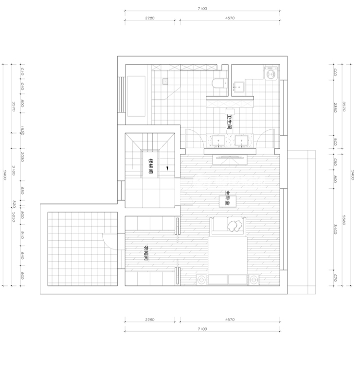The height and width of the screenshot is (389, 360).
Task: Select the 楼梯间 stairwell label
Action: tap(151, 166)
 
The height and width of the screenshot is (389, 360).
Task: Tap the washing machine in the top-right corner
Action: tap(270, 73)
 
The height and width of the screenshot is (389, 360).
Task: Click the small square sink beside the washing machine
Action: tap(239, 87)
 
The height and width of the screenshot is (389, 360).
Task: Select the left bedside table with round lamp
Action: tap(202, 279)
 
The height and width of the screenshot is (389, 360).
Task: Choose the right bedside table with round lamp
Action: tap(254, 279)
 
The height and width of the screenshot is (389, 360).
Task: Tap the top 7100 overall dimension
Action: tap(202, 9)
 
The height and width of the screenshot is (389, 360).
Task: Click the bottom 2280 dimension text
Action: tap(150, 319)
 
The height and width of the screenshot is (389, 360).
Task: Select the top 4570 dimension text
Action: tap(230, 18)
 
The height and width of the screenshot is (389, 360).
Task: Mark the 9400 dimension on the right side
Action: tap(352, 175)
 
